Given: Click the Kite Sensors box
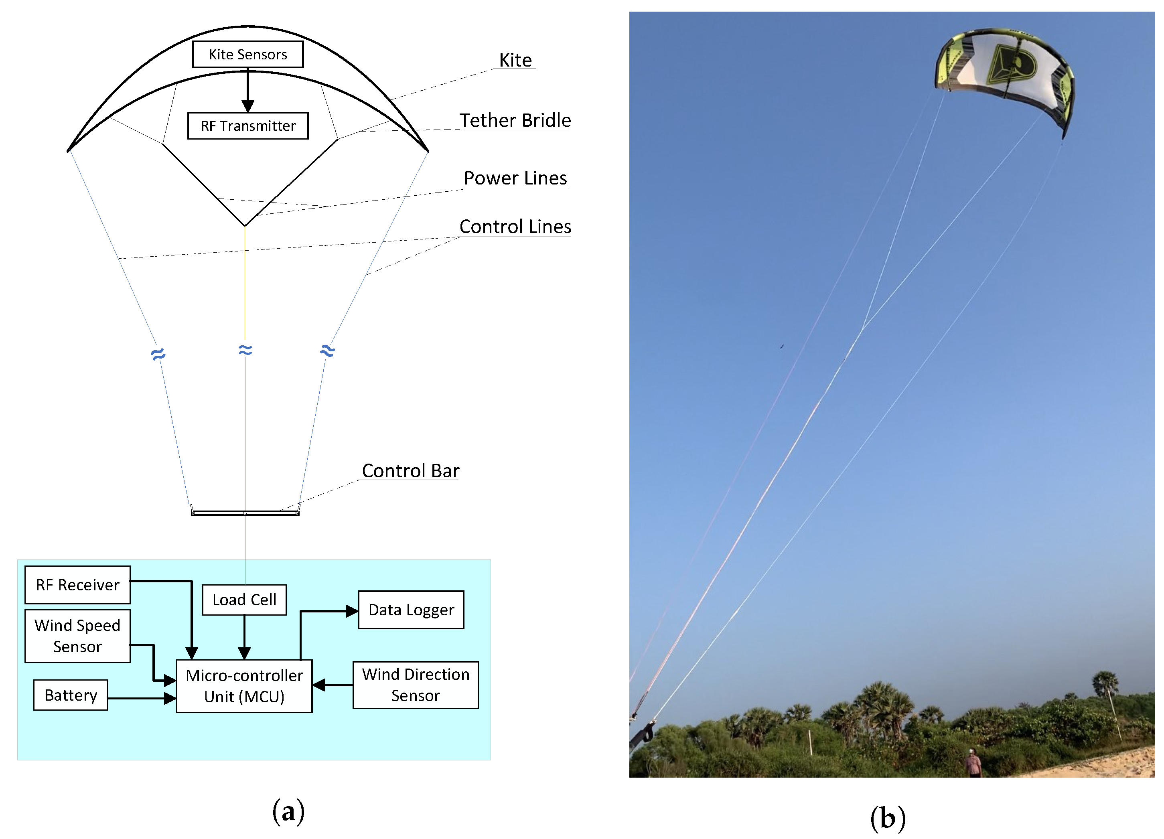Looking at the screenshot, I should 248,55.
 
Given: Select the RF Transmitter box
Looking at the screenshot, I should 248,126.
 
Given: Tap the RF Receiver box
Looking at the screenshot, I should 77,585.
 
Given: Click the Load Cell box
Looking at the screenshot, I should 244,600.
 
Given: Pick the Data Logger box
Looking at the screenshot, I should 411,610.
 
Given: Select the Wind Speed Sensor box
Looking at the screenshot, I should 77,636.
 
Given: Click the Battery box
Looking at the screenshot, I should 71,695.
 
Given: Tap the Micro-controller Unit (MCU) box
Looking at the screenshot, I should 244,686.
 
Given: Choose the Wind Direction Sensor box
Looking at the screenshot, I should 416,685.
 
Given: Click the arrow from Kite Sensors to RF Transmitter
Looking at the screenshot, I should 248,90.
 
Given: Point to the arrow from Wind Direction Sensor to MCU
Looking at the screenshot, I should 333,685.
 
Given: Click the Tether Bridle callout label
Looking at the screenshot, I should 515,121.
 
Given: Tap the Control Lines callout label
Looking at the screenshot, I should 515,226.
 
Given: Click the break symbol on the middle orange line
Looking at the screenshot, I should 245,351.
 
